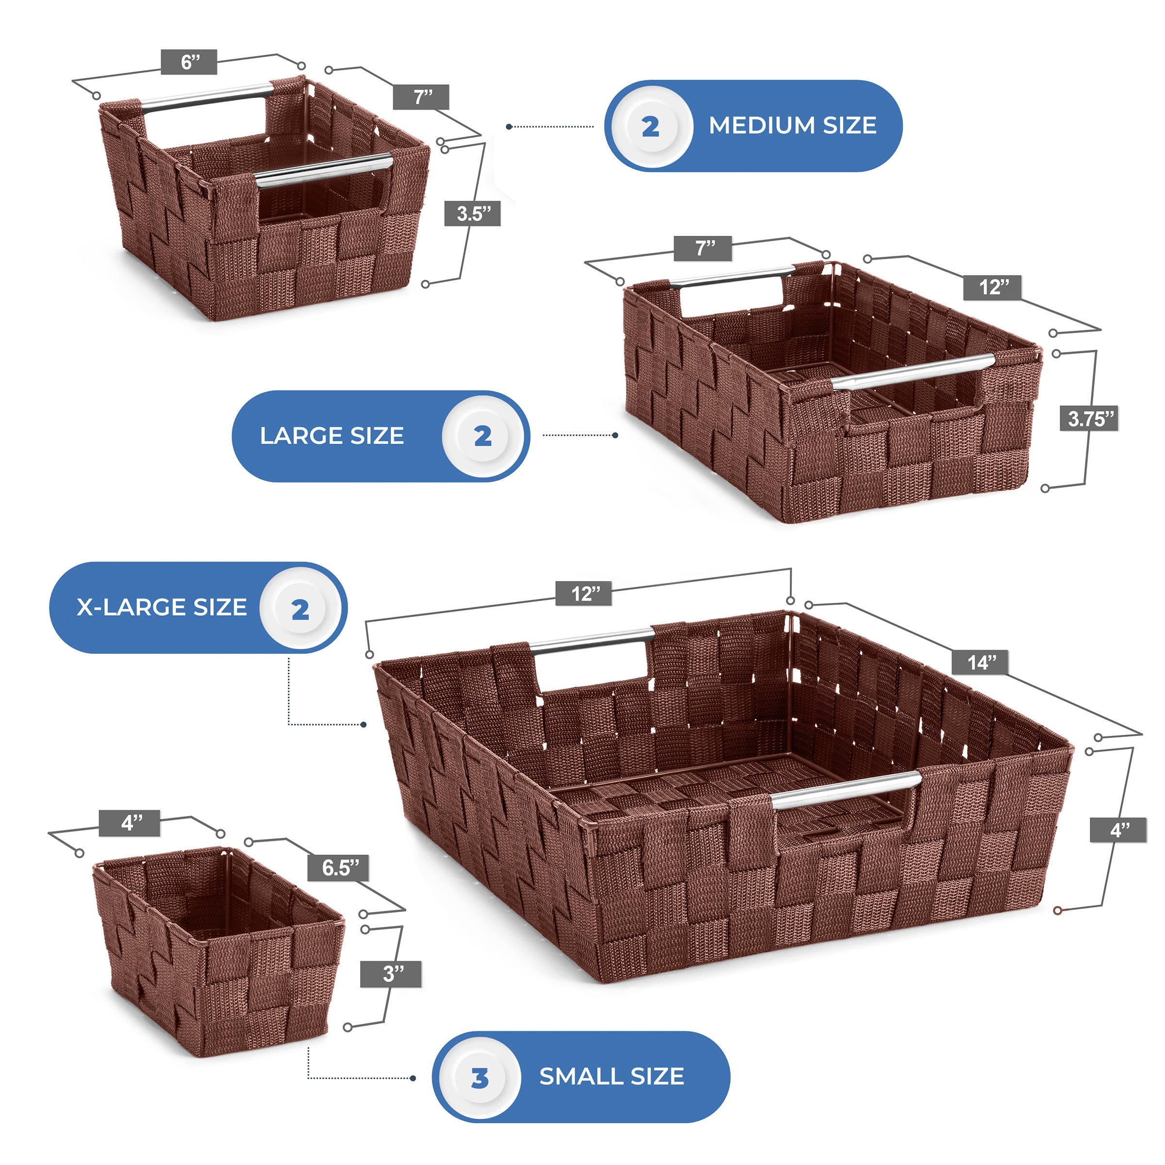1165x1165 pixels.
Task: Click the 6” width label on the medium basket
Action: (189, 62)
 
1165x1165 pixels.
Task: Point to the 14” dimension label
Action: (981, 663)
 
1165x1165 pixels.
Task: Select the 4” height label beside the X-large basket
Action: (1118, 831)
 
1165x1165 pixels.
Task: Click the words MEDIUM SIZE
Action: (792, 125)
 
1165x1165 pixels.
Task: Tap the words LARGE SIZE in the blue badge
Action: (332, 435)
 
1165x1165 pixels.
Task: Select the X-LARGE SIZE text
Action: (162, 607)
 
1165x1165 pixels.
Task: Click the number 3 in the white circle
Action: (480, 1078)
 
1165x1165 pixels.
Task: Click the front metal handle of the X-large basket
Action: (847, 788)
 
